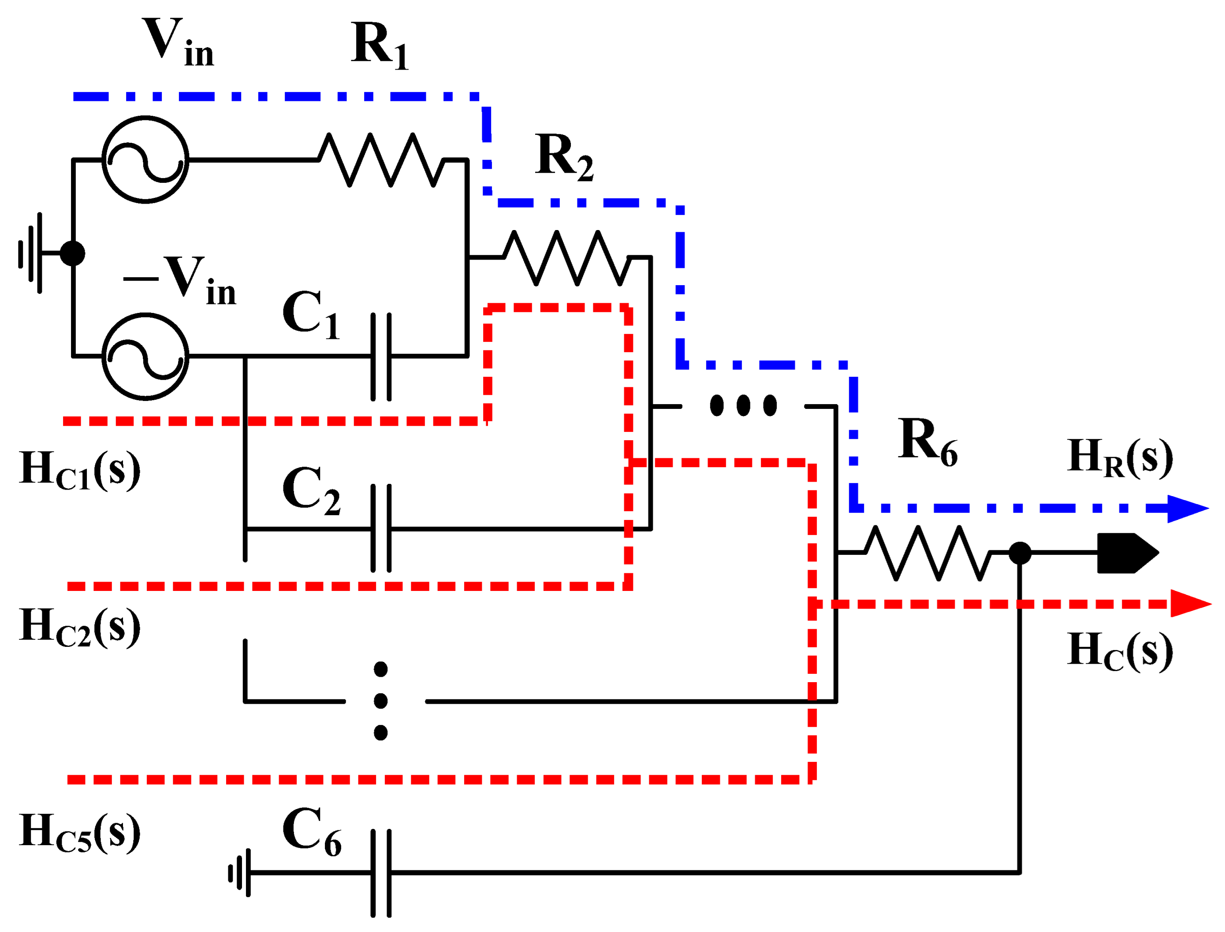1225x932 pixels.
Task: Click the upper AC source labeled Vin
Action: (145, 160)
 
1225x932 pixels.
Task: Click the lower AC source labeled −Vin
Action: (145, 356)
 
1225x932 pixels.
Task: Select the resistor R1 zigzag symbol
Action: (381, 160)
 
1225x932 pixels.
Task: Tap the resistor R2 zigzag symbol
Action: (566, 258)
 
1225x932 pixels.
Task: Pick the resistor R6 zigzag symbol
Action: (927, 553)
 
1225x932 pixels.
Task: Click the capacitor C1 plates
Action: (381, 356)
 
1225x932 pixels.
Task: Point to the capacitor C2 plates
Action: (381, 528)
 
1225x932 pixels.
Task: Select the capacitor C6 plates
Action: (381, 873)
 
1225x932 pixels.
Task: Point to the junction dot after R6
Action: (1020, 553)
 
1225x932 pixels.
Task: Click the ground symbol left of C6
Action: (240, 873)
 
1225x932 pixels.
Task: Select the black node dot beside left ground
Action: (73, 253)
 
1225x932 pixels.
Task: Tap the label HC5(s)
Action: (80, 833)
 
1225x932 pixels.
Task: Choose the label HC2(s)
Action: (80, 627)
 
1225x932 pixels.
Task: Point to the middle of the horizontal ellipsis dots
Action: (744, 405)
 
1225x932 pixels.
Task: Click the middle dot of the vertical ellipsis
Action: (380, 701)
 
